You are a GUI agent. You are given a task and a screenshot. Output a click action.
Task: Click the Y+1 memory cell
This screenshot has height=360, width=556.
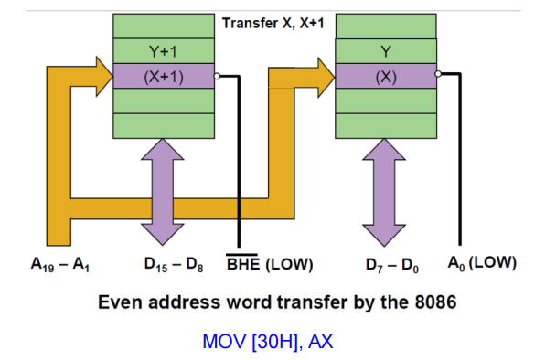[164, 52]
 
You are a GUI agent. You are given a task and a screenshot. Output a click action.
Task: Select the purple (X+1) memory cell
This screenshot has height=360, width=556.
[164, 77]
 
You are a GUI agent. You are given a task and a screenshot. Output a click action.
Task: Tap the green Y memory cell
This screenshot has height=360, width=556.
[385, 52]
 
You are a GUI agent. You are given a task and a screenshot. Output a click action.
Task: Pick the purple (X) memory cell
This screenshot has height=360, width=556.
[385, 77]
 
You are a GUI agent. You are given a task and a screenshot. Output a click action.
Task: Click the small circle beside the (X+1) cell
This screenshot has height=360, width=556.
[218, 77]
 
